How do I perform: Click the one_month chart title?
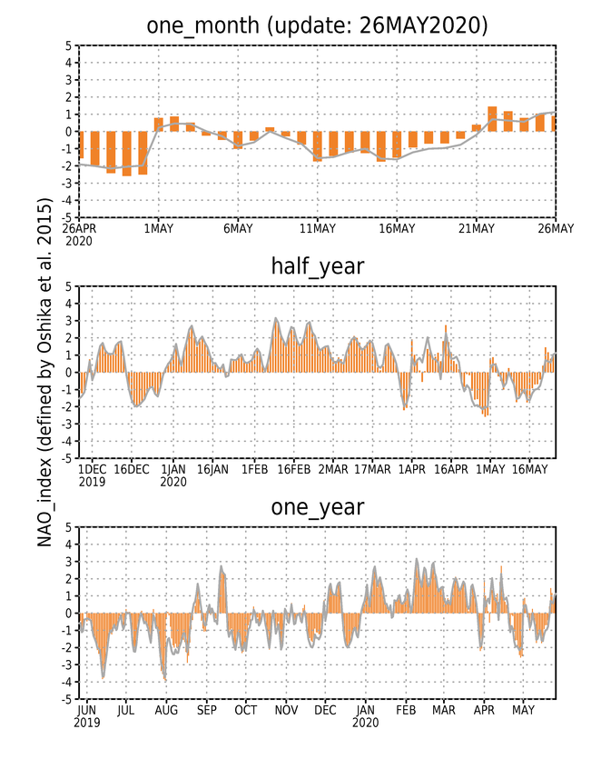(x=317, y=25)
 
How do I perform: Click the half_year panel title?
(x=317, y=266)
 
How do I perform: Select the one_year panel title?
(x=317, y=507)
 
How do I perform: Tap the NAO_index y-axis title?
(x=44, y=372)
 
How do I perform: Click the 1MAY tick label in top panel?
(x=159, y=228)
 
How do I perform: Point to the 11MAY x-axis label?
(x=318, y=228)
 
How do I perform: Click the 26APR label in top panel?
(x=79, y=228)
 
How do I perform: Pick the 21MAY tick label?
(x=477, y=228)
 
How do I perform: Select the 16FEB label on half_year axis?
(x=294, y=469)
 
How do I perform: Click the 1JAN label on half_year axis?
(x=173, y=469)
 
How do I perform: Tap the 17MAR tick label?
(x=372, y=469)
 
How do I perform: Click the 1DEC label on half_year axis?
(x=93, y=469)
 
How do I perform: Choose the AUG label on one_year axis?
(x=166, y=710)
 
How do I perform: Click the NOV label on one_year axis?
(x=286, y=710)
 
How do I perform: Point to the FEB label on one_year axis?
(x=406, y=710)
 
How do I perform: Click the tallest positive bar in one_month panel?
(x=492, y=119)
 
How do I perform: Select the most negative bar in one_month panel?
(x=126, y=154)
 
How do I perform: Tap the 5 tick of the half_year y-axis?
(x=68, y=286)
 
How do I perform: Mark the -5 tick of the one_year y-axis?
(x=66, y=699)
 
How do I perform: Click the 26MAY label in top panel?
(x=556, y=228)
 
